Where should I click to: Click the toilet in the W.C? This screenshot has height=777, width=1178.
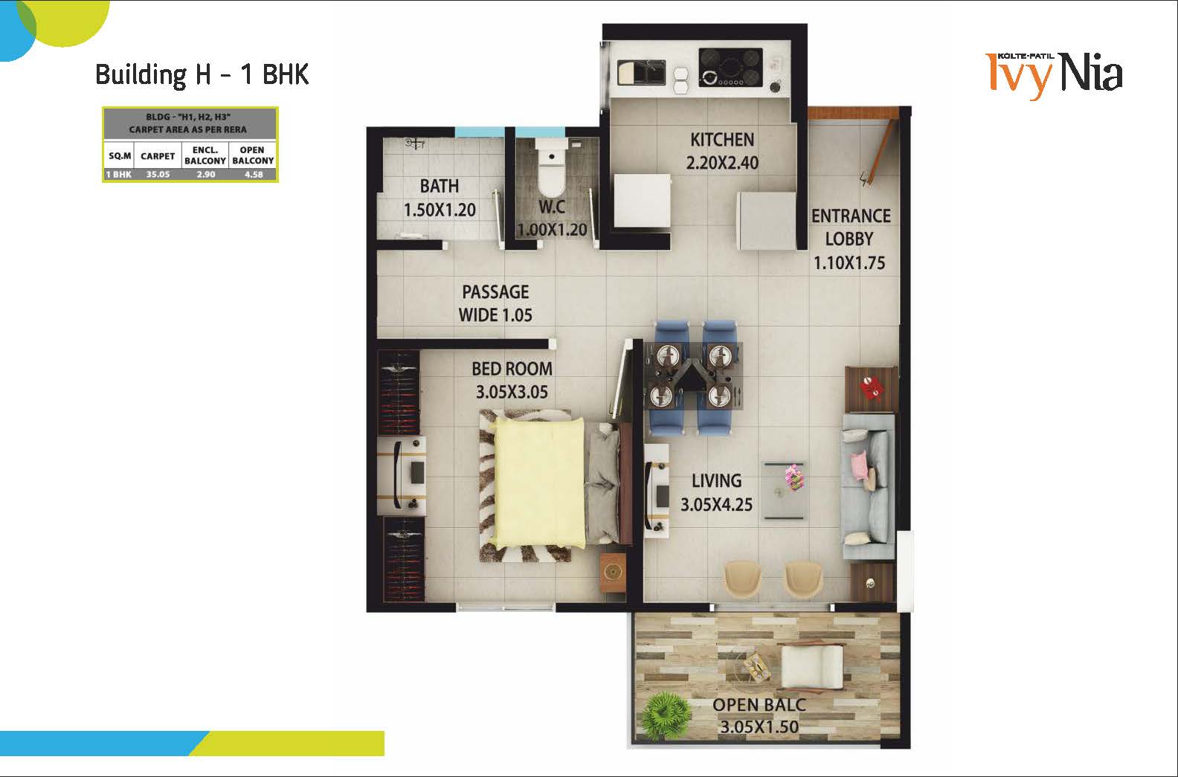click(551, 167)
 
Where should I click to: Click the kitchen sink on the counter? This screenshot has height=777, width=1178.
click(641, 72)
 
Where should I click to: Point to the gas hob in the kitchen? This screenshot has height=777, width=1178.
click(730, 68)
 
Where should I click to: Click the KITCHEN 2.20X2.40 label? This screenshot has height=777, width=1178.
click(722, 151)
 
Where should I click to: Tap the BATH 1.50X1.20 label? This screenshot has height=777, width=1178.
click(439, 198)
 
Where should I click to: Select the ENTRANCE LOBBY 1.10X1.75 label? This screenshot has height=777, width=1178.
click(850, 239)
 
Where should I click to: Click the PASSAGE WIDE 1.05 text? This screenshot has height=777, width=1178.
click(495, 303)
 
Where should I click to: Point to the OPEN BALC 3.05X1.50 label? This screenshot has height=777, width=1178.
click(759, 715)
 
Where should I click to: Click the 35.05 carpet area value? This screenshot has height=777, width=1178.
click(158, 175)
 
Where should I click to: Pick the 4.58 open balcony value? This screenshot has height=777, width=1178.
click(254, 175)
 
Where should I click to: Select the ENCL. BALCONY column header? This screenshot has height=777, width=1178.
click(205, 155)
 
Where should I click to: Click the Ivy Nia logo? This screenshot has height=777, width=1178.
click(1054, 76)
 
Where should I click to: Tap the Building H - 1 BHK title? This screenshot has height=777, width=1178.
click(202, 74)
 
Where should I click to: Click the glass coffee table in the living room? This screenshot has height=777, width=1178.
click(784, 491)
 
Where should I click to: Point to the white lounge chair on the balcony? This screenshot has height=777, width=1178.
click(812, 666)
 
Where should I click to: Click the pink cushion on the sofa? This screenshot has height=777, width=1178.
click(859, 465)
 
